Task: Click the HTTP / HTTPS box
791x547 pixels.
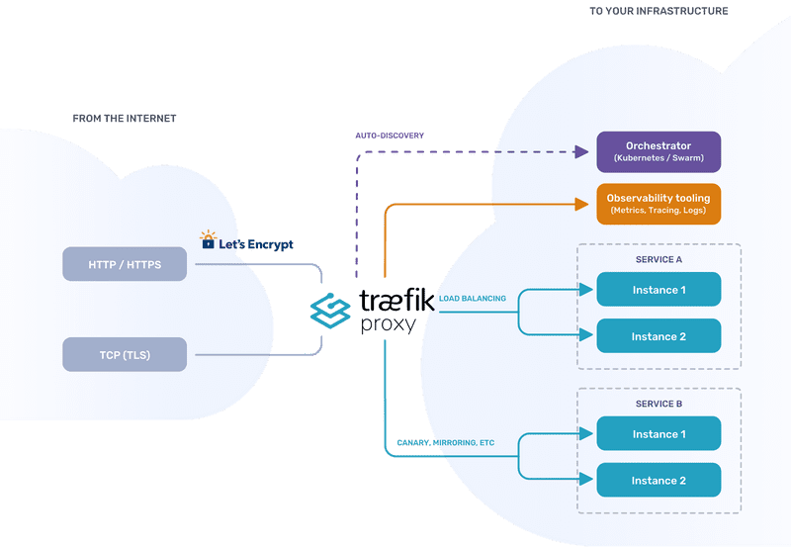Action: (124, 264)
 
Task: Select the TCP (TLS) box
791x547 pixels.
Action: (124, 354)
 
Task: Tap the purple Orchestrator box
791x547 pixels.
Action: (659, 152)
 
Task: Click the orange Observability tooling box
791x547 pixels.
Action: (659, 204)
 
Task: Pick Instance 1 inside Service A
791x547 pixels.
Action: (659, 290)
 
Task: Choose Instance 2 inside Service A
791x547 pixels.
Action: (659, 336)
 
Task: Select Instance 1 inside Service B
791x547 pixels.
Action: (659, 434)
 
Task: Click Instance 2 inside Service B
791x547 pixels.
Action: (659, 481)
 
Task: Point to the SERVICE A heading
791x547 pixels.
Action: (659, 259)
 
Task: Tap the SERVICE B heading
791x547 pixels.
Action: (659, 405)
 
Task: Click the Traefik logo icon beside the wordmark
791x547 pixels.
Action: (331, 310)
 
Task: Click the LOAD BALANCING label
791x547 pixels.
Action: (473, 298)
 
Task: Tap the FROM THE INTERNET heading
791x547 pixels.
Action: (124, 119)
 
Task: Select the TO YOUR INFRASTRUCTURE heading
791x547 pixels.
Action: (659, 11)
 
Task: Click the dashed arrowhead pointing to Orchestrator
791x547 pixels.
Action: (582, 152)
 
